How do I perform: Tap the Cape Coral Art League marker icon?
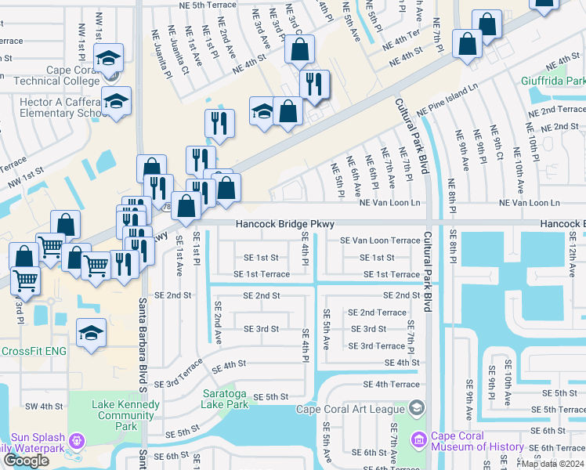click(416, 407)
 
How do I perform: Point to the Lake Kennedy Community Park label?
click(125, 415)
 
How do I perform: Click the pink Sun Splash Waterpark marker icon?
click(76, 441)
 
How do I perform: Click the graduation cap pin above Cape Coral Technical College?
click(109, 57)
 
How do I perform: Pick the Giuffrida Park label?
click(553, 81)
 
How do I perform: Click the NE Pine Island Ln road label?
click(447, 103)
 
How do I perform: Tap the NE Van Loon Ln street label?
click(389, 203)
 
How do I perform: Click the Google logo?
click(26, 461)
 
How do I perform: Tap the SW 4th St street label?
click(43, 406)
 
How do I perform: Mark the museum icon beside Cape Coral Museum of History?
click(418, 441)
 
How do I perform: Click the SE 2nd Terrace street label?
click(382, 313)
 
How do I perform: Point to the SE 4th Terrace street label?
click(392, 385)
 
